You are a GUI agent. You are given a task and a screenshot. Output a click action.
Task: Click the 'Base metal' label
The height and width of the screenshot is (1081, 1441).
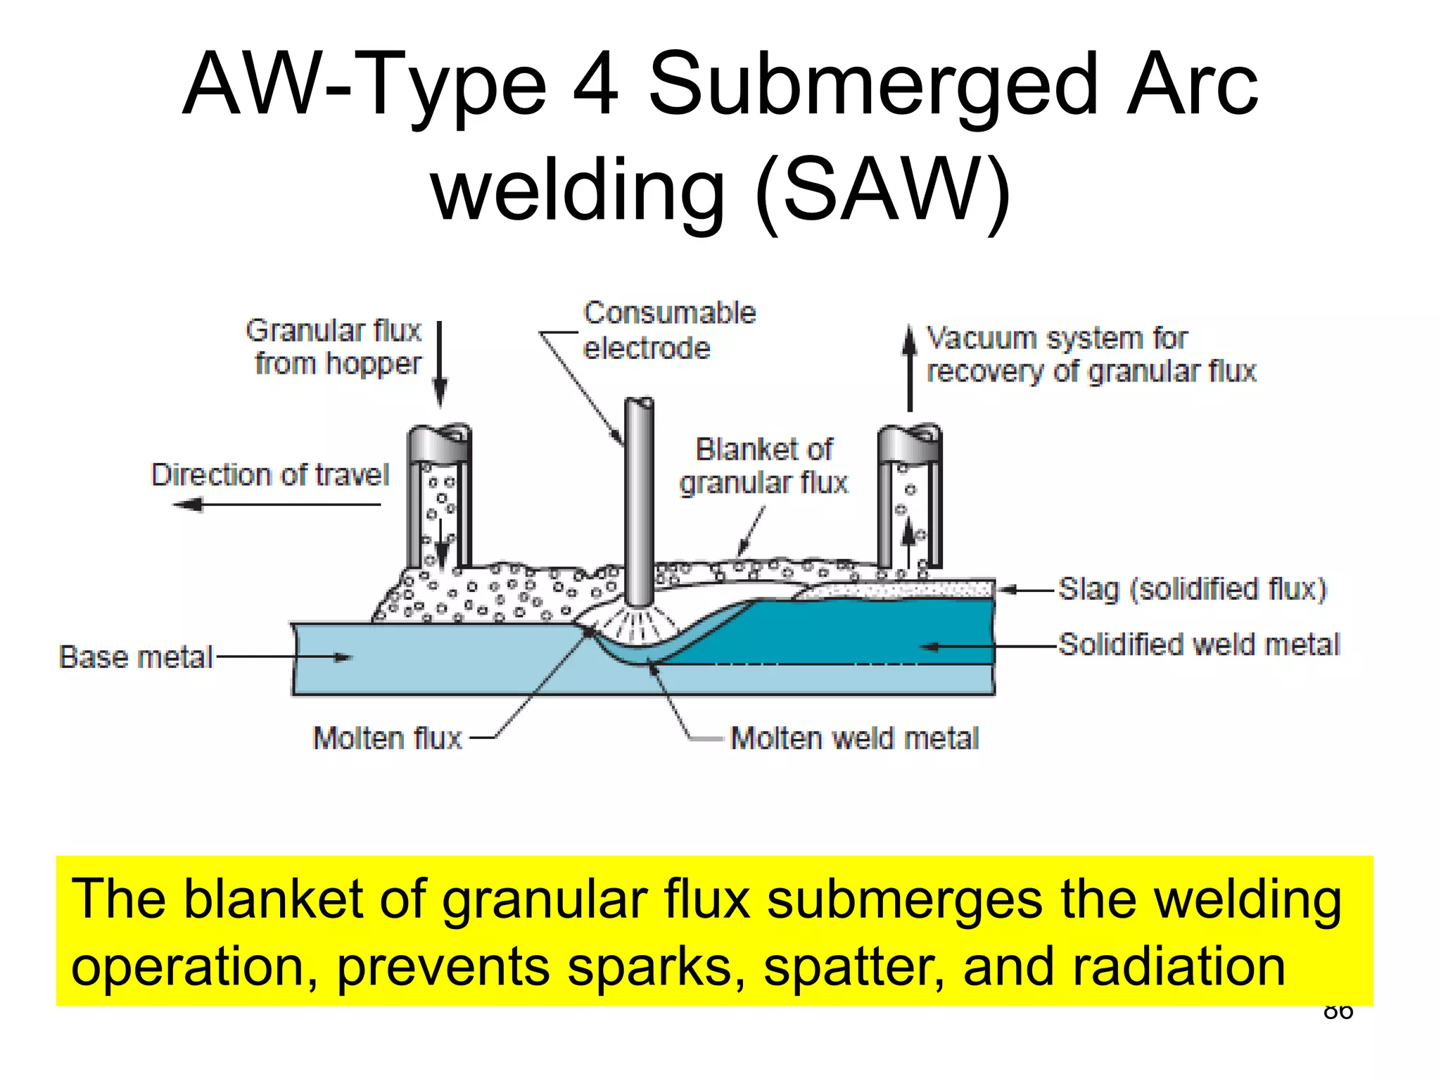pyautogui.click(x=136, y=657)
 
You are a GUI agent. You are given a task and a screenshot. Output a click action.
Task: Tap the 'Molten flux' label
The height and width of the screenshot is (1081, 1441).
pyautogui.click(x=387, y=738)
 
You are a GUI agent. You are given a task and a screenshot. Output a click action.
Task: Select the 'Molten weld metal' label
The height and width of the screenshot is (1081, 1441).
pyautogui.click(x=854, y=738)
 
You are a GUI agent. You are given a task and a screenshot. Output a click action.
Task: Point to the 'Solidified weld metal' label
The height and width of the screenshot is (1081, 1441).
pyautogui.click(x=1199, y=645)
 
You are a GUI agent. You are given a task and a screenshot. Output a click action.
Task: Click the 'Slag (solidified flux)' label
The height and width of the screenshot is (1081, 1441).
pyautogui.click(x=1192, y=589)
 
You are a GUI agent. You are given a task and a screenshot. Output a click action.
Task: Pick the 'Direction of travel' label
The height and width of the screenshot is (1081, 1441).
pyautogui.click(x=270, y=475)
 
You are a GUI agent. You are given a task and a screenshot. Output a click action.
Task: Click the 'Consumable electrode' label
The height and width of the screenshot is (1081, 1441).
pyautogui.click(x=668, y=330)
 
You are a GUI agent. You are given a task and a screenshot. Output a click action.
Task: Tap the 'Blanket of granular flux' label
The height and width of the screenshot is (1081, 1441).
pyautogui.click(x=764, y=466)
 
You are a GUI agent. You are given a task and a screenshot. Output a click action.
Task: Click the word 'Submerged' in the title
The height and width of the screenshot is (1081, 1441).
pyautogui.click(x=872, y=84)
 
